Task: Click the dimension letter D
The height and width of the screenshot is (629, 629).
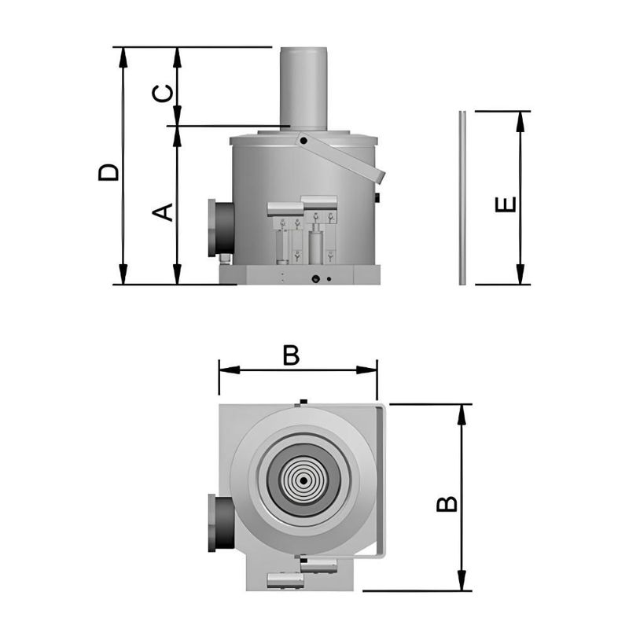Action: (109, 172)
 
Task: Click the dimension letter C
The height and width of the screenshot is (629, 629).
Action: (162, 94)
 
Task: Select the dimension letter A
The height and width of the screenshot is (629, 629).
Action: (162, 212)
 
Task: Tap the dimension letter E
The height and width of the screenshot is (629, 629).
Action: (506, 202)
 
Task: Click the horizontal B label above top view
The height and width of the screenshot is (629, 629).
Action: (291, 356)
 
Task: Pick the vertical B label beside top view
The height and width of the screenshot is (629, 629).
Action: (447, 503)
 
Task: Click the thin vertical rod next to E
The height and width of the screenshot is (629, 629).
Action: (462, 197)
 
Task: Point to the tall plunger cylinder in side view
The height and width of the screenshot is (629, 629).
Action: (303, 86)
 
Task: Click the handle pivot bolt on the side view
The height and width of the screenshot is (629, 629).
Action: (303, 141)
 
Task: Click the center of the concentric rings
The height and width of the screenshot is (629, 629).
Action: (303, 480)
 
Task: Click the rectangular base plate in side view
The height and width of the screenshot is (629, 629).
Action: (299, 275)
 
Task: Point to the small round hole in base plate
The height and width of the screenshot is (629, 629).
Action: (315, 279)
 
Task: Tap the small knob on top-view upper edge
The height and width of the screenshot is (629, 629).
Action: (302, 403)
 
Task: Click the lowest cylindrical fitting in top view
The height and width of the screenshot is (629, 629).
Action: (285, 581)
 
